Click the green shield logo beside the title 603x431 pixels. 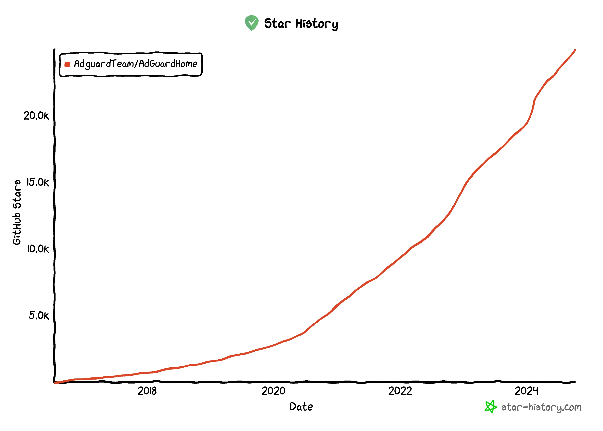(251, 23)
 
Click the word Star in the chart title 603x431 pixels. (277, 23)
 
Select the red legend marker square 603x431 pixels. (67, 64)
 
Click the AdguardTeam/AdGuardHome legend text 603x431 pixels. (135, 64)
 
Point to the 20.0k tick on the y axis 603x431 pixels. (36, 116)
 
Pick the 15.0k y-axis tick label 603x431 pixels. (38, 182)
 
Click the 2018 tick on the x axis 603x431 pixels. (147, 391)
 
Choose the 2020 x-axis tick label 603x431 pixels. (274, 391)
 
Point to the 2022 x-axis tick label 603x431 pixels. (400, 391)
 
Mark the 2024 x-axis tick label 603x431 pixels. (526, 391)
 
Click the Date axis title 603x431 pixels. (301, 407)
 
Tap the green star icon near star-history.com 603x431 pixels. (490, 407)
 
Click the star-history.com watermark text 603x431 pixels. (541, 407)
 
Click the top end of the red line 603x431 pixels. (575, 50)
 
